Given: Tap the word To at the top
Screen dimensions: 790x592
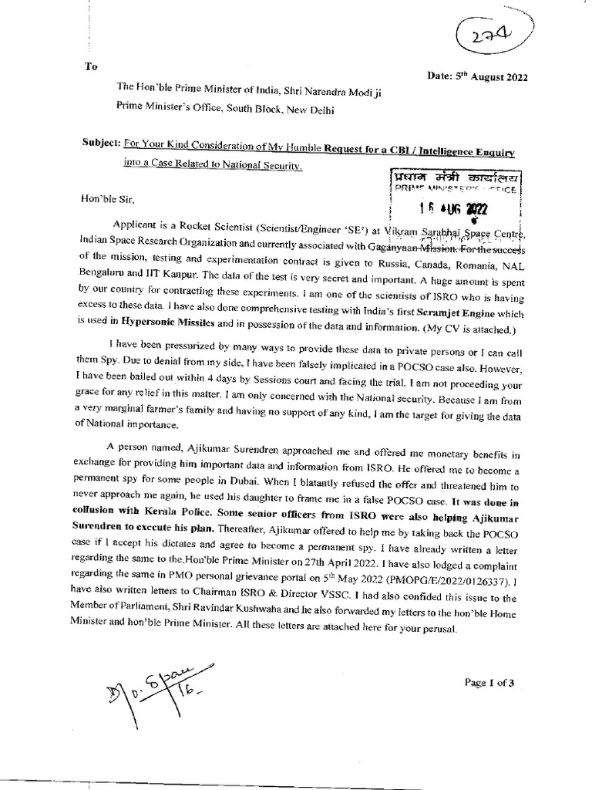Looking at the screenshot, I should pos(92,66).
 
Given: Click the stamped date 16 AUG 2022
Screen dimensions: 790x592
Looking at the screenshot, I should pos(446,208).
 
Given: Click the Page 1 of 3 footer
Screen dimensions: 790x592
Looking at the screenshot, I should pos(494,682).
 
